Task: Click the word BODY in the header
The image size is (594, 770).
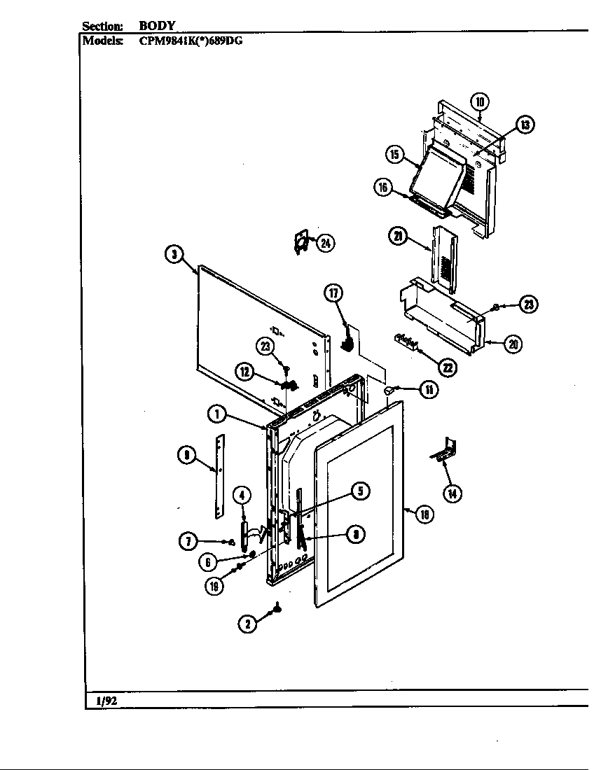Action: tap(156, 26)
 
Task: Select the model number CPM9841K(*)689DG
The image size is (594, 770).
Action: tap(191, 40)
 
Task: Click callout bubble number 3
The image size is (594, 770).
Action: tap(173, 254)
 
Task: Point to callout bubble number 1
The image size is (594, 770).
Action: tap(216, 414)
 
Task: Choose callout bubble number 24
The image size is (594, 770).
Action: tap(325, 243)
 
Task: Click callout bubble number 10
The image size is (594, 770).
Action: tap(479, 102)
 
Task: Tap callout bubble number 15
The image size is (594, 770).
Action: tap(395, 154)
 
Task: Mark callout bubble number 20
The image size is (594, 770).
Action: tap(513, 344)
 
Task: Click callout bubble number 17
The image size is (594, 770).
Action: tap(334, 293)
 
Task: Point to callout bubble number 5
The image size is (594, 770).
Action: tap(360, 491)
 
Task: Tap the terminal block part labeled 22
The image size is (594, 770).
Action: tap(406, 342)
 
